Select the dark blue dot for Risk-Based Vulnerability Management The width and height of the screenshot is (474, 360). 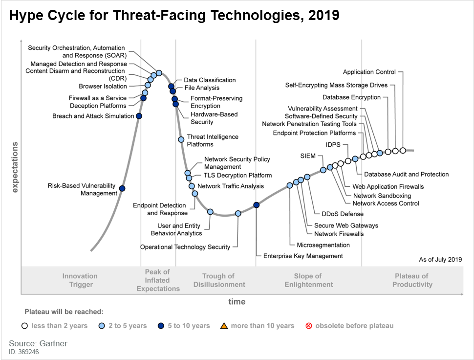point(122,188)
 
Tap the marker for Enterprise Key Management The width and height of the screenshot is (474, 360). point(257,205)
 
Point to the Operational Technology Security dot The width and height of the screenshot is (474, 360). point(238,213)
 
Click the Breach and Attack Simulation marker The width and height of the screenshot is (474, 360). point(139,116)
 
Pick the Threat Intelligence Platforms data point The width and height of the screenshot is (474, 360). point(181,139)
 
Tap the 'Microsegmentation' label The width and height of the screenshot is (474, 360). point(316,245)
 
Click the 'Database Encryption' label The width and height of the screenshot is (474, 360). point(351,97)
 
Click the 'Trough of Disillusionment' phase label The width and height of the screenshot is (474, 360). point(219,280)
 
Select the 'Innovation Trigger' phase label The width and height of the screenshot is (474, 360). point(80,280)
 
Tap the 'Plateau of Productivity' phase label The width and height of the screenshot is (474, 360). point(412,280)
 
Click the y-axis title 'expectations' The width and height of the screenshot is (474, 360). point(15,167)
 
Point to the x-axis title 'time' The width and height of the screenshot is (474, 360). point(237,302)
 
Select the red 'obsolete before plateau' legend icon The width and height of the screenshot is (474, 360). point(308,326)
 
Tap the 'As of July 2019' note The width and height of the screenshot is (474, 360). point(440,260)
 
